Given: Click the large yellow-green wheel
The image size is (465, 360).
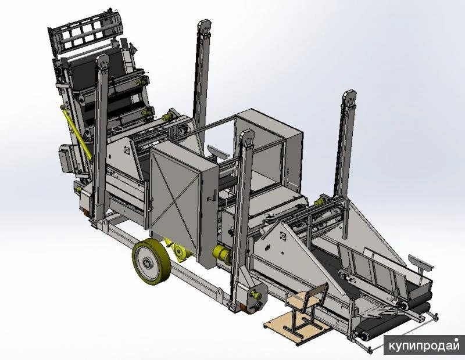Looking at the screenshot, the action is click(151, 262).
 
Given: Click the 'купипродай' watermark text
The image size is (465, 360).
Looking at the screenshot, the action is click(424, 345).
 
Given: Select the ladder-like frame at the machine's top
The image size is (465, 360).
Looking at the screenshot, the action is click(85, 31).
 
